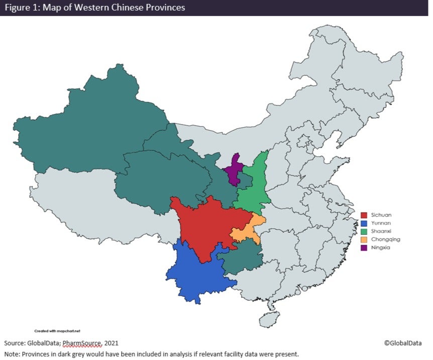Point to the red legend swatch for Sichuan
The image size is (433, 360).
pyautogui.click(x=365, y=215)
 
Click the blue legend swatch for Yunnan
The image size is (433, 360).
pyautogui.click(x=365, y=223)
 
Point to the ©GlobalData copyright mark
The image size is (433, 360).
pyautogui.click(x=403, y=343)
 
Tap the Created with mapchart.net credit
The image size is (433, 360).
pyautogui.click(x=57, y=331)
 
